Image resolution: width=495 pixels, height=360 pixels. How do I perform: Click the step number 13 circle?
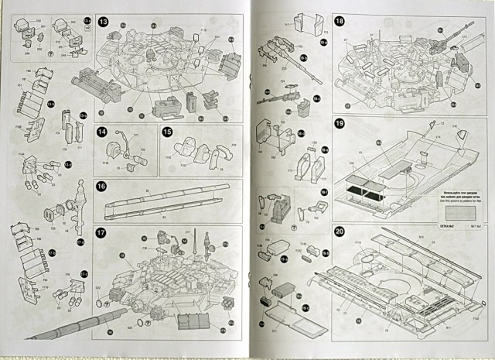[104, 19]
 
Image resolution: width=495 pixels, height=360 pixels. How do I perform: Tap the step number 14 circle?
[101, 132]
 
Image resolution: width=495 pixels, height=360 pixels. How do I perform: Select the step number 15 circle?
[166, 132]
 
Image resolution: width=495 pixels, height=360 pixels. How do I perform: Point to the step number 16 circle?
[101, 186]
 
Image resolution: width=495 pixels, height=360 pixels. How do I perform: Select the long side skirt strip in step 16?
[166, 200]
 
